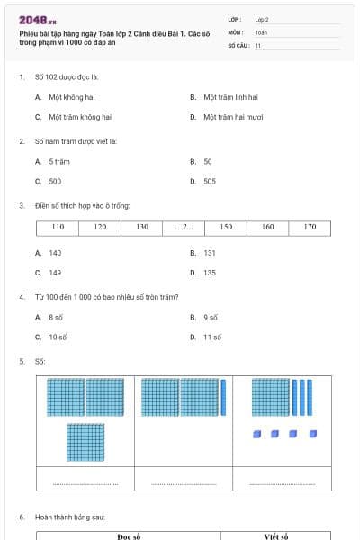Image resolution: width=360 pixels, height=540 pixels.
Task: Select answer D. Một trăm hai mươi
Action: tap(233, 117)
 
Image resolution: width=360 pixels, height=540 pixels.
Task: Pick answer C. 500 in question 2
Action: tap(55, 181)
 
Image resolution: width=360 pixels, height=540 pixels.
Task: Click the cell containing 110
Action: tap(58, 227)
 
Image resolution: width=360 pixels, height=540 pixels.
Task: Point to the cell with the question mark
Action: tap(184, 227)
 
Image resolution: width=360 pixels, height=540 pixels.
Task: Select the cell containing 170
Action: tap(310, 227)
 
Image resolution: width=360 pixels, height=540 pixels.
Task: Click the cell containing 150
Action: tap(226, 227)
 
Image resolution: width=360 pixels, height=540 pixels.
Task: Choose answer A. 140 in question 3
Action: tap(55, 253)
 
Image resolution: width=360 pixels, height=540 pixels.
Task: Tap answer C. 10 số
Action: tap(58, 337)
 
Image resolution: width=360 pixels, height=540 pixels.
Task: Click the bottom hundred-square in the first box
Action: tap(85, 442)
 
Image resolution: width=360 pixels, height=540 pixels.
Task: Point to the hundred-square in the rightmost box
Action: tap(271, 398)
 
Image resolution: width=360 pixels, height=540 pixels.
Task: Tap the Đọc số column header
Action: tap(130, 536)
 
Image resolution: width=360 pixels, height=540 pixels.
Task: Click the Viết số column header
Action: tap(276, 536)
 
